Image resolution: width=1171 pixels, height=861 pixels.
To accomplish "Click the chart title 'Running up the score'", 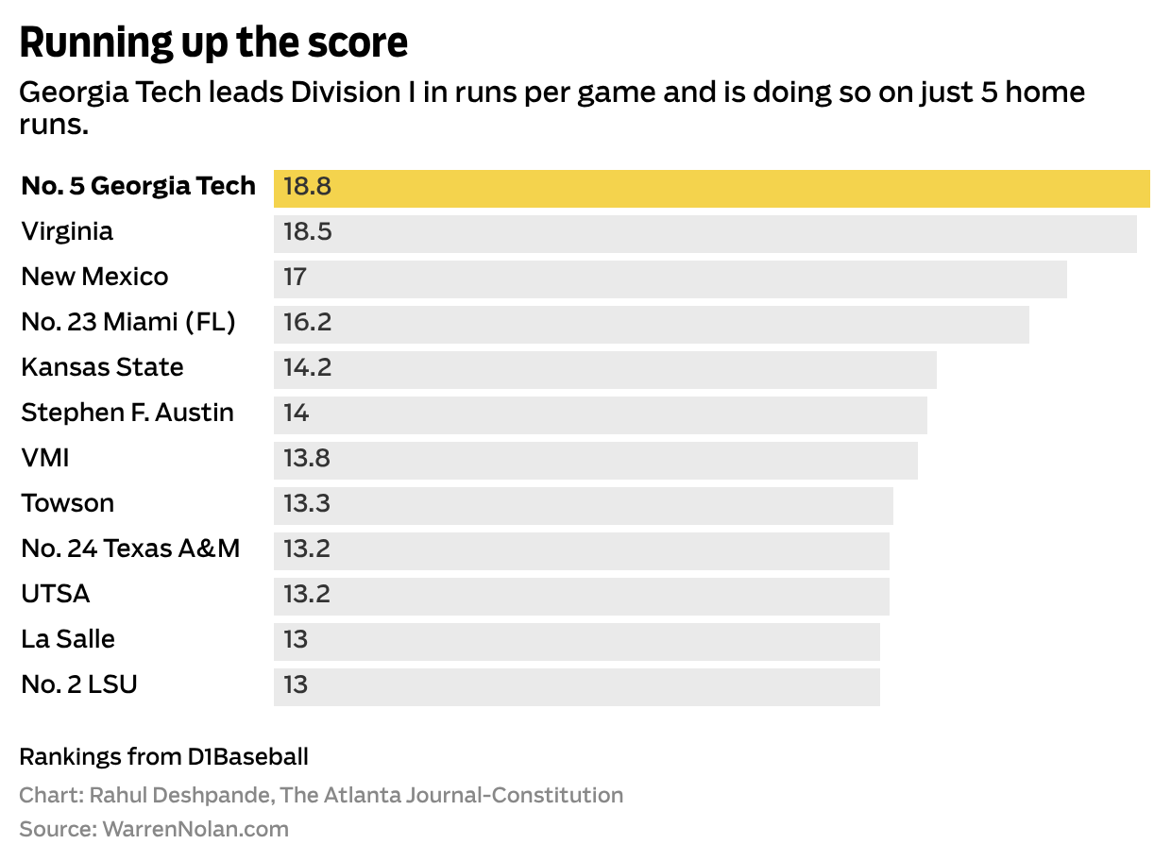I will pyautogui.click(x=213, y=43).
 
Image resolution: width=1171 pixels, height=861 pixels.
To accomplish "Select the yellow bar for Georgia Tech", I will pyautogui.click(x=711, y=187).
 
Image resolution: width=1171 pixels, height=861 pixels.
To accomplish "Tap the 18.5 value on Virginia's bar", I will pyautogui.click(x=308, y=232).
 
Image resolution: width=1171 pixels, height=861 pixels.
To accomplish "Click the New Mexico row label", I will pyautogui.click(x=94, y=278).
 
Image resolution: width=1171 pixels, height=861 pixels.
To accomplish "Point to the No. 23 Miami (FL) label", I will pyautogui.click(x=128, y=323).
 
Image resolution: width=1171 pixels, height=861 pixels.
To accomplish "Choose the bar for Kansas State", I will pyautogui.click(x=604, y=368).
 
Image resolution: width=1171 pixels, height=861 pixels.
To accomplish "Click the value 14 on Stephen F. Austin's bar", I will pyautogui.click(x=297, y=414).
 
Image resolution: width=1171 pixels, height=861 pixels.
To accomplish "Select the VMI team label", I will pyautogui.click(x=45, y=459).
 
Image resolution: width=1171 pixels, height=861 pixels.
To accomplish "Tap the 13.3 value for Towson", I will pyautogui.click(x=308, y=504).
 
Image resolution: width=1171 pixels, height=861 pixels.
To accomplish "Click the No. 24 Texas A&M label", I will pyautogui.click(x=130, y=549).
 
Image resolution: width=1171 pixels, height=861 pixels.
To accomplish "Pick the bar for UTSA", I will pyautogui.click(x=581, y=595).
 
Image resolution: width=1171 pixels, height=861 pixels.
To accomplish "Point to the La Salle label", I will pyautogui.click(x=68, y=640).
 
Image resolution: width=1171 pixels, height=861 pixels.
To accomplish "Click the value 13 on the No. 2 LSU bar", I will pyautogui.click(x=297, y=685).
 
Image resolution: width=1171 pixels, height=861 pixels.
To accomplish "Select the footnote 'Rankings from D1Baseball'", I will pyautogui.click(x=163, y=757).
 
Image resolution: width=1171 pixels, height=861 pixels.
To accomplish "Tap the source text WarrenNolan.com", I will pyautogui.click(x=195, y=830).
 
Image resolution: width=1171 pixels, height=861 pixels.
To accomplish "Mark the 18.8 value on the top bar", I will pyautogui.click(x=308, y=187).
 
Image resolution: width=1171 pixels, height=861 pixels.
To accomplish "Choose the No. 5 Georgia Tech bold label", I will pyautogui.click(x=138, y=187).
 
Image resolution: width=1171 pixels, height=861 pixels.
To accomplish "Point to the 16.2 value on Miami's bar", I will pyautogui.click(x=308, y=323).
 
